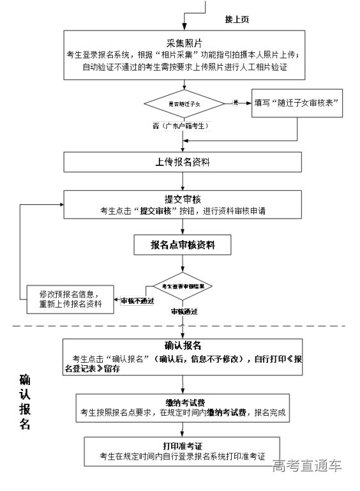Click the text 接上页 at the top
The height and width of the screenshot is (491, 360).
tap(237, 19)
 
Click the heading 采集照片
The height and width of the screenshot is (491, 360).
tap(184, 42)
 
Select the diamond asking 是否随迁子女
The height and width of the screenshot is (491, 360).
tap(183, 103)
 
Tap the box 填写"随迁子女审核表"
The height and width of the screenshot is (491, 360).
tap(296, 103)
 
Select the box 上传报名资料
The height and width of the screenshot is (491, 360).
tap(183, 162)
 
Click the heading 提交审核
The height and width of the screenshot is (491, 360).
tap(183, 199)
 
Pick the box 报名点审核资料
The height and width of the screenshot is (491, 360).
tap(183, 245)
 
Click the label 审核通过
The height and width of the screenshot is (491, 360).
tap(184, 312)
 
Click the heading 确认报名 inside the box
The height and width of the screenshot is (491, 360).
tap(183, 345)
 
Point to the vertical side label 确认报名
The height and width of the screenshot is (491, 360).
tap(25, 402)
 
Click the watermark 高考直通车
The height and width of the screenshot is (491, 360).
tap(307, 465)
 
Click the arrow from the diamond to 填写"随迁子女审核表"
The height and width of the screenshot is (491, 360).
tap(238, 103)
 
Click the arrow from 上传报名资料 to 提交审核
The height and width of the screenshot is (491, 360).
tap(183, 181)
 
